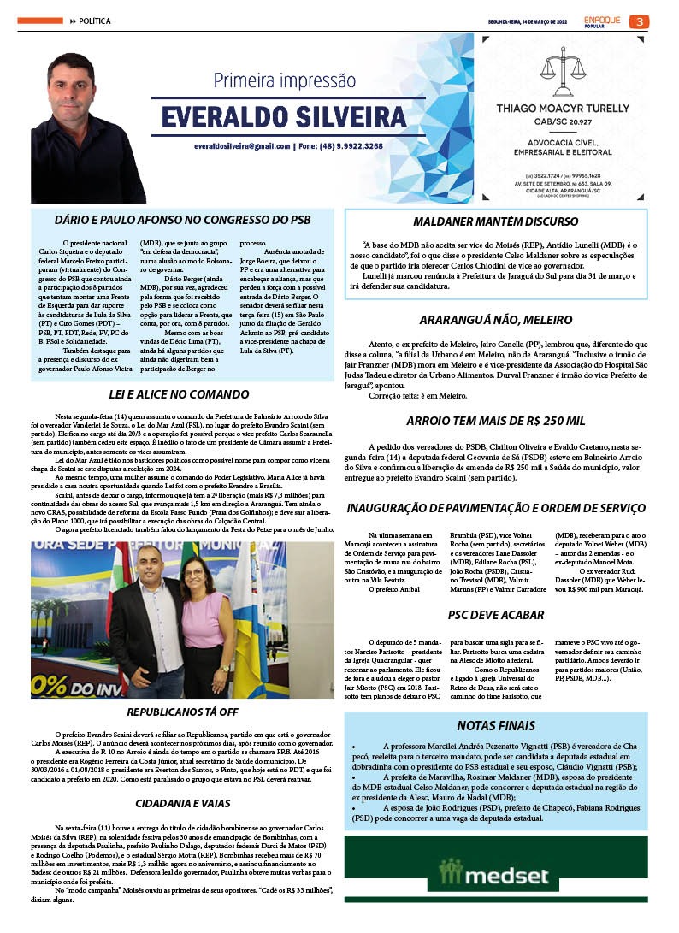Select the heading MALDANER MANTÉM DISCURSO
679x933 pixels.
495,221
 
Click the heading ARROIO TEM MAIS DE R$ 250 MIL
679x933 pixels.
495,421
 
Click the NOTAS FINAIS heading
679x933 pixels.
495,726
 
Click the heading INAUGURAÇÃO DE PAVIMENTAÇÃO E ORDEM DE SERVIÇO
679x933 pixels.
495,509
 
